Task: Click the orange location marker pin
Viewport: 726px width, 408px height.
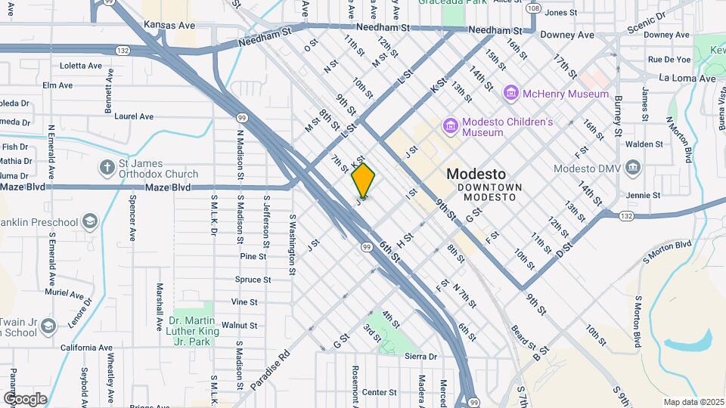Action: (363, 180)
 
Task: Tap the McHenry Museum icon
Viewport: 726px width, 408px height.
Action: (511, 94)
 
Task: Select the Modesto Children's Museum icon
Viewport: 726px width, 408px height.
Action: (451, 126)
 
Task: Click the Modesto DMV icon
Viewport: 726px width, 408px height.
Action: (633, 168)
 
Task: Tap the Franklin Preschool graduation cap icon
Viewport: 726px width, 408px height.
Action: (90, 221)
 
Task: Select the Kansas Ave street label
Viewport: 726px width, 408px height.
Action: (169, 26)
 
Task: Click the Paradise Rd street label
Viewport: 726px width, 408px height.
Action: (273, 366)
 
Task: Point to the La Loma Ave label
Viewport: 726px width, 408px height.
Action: (687, 78)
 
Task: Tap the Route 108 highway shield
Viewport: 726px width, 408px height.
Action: (534, 8)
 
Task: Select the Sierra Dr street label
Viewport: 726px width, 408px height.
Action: (421, 356)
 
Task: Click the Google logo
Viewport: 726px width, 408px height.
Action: (25, 398)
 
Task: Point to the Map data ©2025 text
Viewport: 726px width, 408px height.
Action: (693, 401)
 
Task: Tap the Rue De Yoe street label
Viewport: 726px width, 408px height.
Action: (669, 59)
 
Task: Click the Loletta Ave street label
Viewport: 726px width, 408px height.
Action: (80, 66)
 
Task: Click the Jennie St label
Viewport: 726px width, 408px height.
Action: (644, 195)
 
